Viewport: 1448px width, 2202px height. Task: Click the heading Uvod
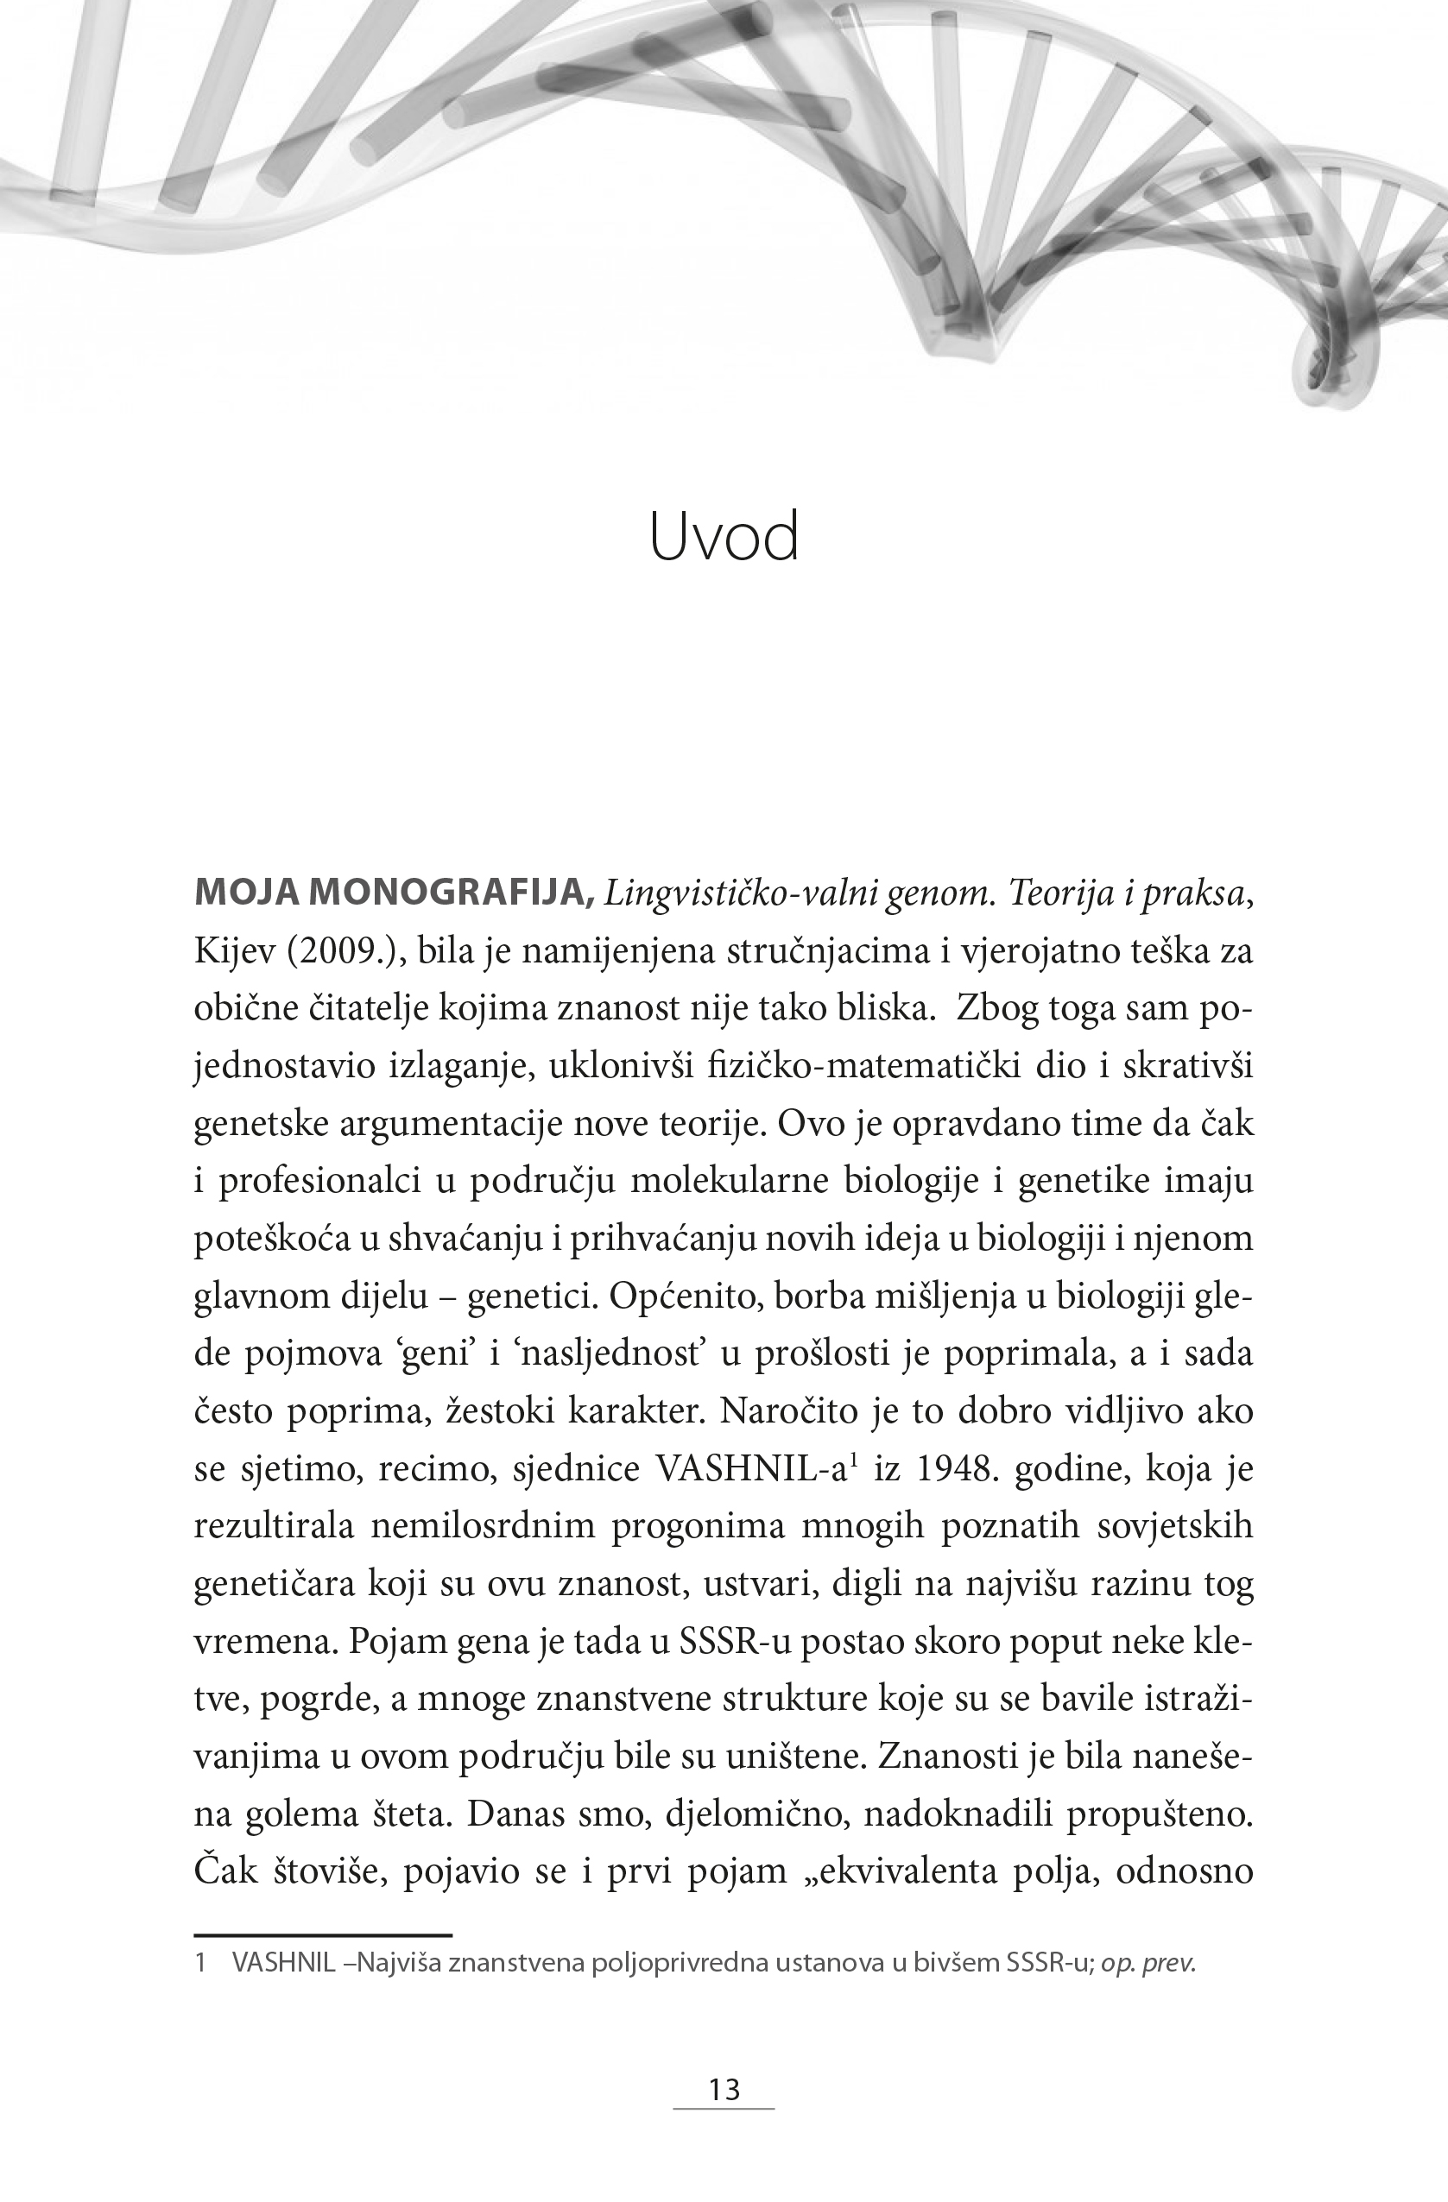[x=724, y=538]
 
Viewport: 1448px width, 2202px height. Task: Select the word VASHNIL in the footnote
[x=283, y=1962]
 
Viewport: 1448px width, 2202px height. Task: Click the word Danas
[x=514, y=1815]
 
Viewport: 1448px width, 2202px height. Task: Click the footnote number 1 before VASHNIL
[x=199, y=1962]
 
